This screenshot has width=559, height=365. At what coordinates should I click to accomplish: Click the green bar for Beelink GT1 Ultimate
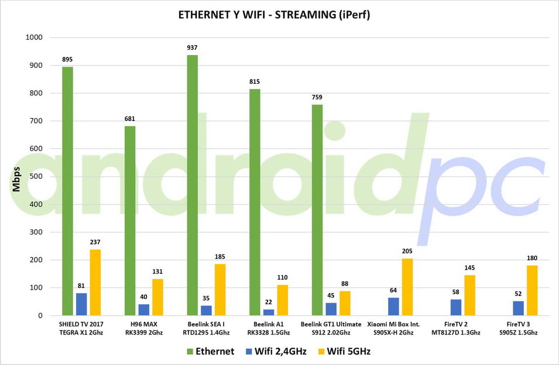[317, 210]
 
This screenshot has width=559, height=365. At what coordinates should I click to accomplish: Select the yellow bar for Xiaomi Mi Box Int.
[407, 287]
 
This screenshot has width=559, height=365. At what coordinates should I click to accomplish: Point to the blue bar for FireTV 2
[456, 308]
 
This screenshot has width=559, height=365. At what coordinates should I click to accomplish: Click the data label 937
[192, 49]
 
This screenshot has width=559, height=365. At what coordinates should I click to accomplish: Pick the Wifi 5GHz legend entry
[344, 352]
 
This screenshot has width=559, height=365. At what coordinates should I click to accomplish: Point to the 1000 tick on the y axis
[35, 37]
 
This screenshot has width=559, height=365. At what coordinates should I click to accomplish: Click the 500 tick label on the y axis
[36, 177]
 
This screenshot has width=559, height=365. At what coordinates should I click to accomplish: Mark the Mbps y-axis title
[16, 177]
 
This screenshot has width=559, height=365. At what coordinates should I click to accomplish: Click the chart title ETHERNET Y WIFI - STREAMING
[274, 15]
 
